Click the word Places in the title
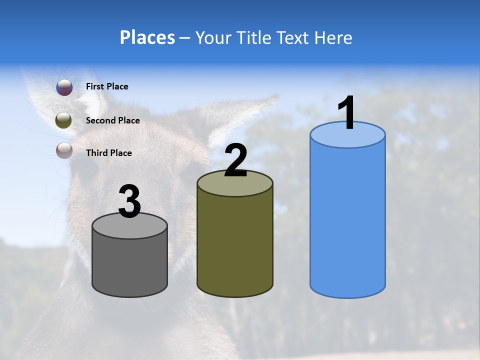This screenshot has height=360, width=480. pos(147,37)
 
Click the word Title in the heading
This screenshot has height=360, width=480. pos(253,37)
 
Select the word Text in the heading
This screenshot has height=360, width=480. pos(292,37)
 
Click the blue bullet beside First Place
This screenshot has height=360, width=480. pos(64,87)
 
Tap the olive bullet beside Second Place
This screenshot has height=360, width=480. pos(64,120)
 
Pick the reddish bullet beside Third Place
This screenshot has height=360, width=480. pos(64,150)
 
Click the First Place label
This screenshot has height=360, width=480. pos(107,86)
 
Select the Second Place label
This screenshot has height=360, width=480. pos(112,120)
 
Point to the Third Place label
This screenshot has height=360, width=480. pos(109,153)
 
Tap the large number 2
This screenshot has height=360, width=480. pos(235,160)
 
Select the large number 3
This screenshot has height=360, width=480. pos(129,202)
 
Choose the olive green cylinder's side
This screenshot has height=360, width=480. pos(235,245)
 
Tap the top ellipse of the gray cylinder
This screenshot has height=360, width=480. pos(130,228)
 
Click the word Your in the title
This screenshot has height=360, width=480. pos(210,37)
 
